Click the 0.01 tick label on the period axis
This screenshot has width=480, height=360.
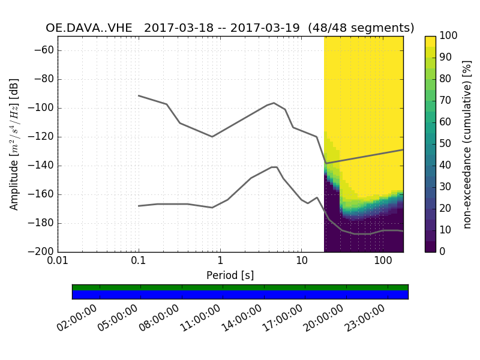pos(58,262)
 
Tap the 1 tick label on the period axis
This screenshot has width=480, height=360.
pos(220,262)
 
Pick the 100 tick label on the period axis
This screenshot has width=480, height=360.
pos(383,262)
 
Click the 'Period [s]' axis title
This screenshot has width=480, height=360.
pos(230,275)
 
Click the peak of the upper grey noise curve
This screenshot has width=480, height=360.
pos(274,103)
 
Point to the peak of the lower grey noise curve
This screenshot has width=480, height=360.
pos(274,167)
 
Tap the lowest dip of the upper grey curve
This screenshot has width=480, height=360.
pos(326,163)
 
